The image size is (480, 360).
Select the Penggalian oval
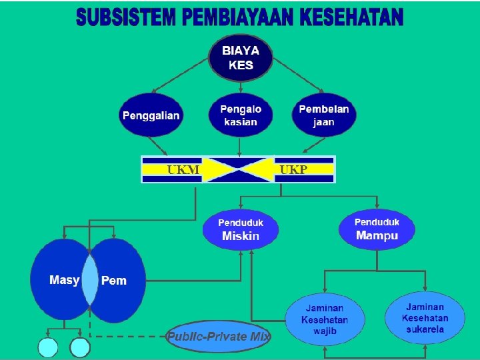(x=151, y=115)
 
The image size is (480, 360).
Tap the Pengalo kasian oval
(x=241, y=115)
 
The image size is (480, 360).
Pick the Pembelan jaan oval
(x=324, y=115)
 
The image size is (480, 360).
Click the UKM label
(x=183, y=169)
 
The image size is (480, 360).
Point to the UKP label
(x=293, y=169)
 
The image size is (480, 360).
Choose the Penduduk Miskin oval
(x=241, y=229)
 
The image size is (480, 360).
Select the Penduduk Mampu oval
(x=377, y=229)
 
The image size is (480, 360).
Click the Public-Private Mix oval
(x=219, y=337)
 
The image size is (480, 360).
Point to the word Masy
(x=64, y=280)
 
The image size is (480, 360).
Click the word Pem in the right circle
(x=114, y=281)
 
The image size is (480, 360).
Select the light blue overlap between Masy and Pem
(x=89, y=281)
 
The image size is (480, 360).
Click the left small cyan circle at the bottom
(x=49, y=348)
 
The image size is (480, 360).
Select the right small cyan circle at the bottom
(x=80, y=348)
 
